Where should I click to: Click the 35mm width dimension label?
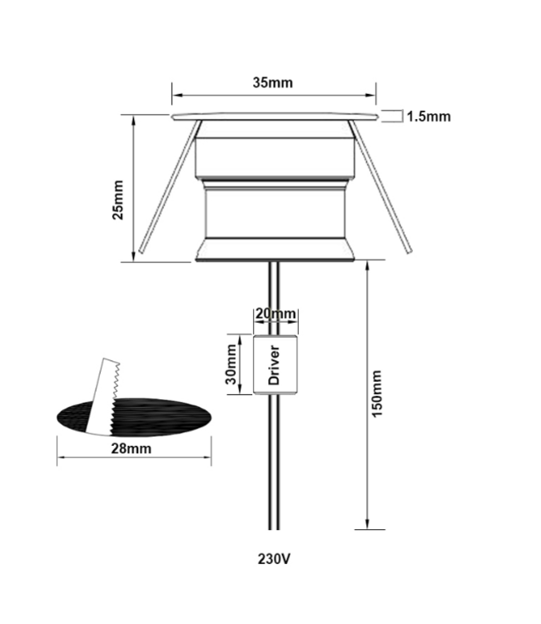273,82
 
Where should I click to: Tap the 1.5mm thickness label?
428,116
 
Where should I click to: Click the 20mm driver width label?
275,314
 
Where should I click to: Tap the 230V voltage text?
274,558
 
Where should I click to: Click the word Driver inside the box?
274,365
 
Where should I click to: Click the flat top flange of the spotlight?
274,116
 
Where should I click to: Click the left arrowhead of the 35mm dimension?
176,92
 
